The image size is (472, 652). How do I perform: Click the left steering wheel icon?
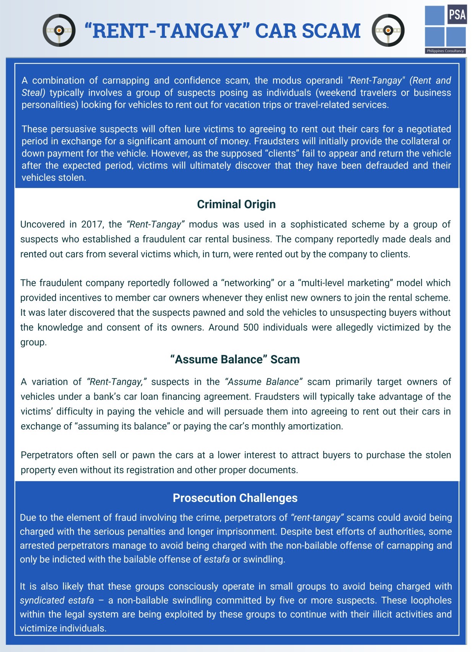pyautogui.click(x=59, y=30)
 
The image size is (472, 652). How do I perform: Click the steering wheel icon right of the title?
pyautogui.click(x=388, y=30)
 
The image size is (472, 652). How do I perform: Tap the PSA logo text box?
pyautogui.click(x=457, y=15)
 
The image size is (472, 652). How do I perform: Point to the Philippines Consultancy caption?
pyautogui.click(x=445, y=51)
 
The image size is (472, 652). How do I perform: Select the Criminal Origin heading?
pyautogui.click(x=236, y=204)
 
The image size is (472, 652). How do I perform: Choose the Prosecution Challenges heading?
pyautogui.click(x=235, y=498)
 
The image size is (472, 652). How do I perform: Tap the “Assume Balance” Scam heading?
pyautogui.click(x=235, y=359)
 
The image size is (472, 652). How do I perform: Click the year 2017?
pyautogui.click(x=91, y=224)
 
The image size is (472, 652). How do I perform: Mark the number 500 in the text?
pyautogui.click(x=251, y=327)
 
